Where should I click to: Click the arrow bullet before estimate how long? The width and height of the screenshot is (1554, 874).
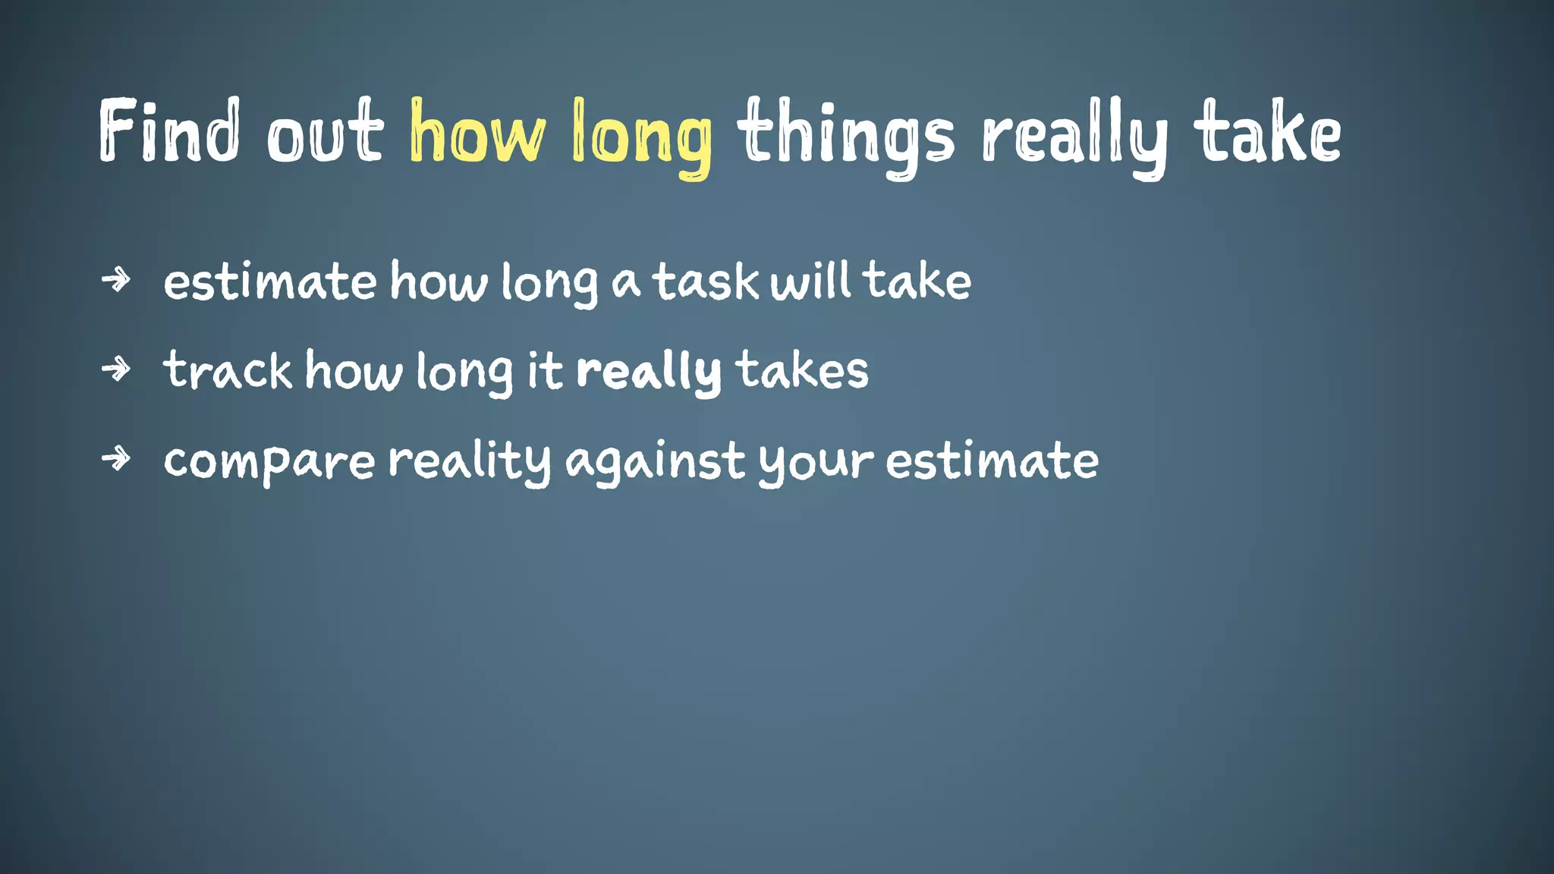(116, 280)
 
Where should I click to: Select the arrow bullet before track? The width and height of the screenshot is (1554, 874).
(116, 369)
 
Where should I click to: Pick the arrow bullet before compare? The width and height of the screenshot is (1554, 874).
(116, 458)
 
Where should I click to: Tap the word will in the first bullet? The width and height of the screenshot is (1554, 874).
(810, 280)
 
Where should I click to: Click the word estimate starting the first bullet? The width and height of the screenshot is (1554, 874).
(269, 281)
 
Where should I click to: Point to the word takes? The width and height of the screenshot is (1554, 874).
(802, 371)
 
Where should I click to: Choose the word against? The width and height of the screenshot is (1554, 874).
(656, 462)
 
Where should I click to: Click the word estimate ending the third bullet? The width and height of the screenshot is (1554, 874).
(992, 461)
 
